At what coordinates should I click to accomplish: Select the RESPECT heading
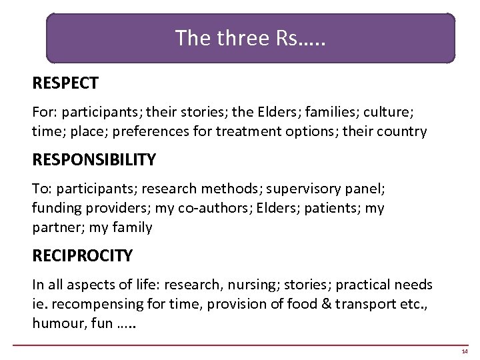coord(65,83)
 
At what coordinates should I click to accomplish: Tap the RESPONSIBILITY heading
coord(94,160)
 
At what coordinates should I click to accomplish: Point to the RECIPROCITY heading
coord(83,255)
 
